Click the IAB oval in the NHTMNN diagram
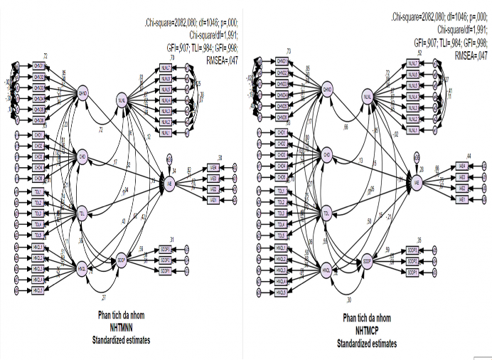pyautogui.click(x=171, y=183)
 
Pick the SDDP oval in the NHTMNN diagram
pyautogui.click(x=122, y=259)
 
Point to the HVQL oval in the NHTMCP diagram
pyautogui.click(x=326, y=271)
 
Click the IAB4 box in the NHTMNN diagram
pyautogui.click(x=211, y=167)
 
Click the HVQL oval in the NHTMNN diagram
pyautogui.click(x=82, y=269)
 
